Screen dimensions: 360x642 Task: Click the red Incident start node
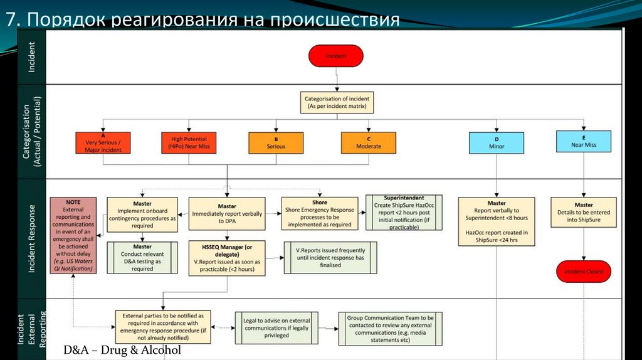click(335, 56)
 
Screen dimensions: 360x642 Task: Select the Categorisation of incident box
click(337, 103)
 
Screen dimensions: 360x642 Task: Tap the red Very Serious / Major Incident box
click(103, 143)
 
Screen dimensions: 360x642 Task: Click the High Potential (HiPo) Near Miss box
click(189, 142)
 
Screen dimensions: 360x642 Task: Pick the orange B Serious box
click(275, 142)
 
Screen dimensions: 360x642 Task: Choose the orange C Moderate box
click(368, 142)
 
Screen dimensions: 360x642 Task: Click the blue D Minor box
click(497, 142)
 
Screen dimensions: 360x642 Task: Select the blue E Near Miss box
click(583, 141)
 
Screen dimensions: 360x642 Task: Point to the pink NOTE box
click(73, 235)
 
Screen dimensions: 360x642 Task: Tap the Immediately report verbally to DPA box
click(226, 213)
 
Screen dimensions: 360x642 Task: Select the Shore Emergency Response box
click(319, 213)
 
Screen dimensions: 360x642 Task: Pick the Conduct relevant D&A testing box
click(142, 258)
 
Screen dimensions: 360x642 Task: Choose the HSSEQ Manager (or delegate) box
click(227, 258)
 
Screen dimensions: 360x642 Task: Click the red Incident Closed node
click(583, 272)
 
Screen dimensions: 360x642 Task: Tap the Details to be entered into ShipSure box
click(583, 213)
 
